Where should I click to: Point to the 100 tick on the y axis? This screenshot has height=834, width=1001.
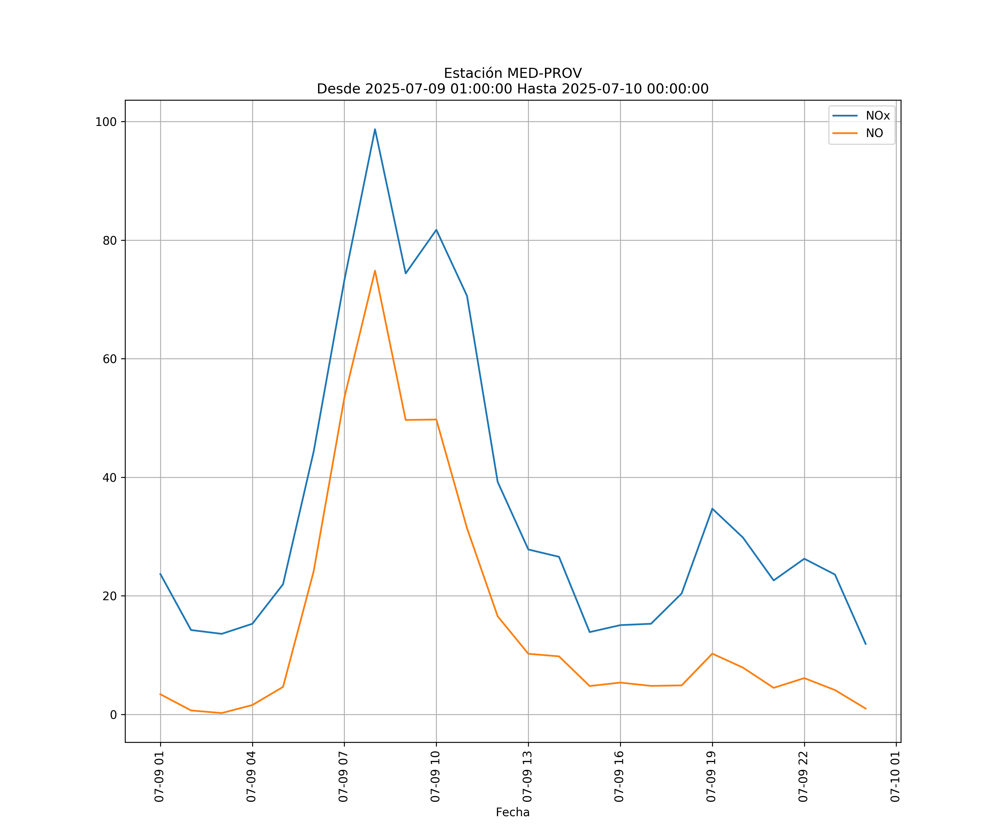point(106,121)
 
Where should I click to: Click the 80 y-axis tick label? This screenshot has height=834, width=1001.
point(110,240)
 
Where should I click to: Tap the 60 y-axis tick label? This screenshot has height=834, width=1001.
point(110,359)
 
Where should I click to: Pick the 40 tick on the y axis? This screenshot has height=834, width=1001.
point(110,478)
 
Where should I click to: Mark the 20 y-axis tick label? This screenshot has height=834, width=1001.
point(110,596)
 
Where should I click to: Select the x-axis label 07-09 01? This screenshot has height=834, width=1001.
point(159,777)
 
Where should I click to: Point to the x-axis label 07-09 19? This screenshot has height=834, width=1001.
point(711,777)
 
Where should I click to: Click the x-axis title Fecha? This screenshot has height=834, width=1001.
point(512,812)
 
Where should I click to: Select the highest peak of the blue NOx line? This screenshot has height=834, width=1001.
point(375,129)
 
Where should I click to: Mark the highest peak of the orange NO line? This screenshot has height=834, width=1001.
point(375,271)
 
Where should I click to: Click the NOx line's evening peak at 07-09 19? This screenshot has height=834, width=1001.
point(712,508)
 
